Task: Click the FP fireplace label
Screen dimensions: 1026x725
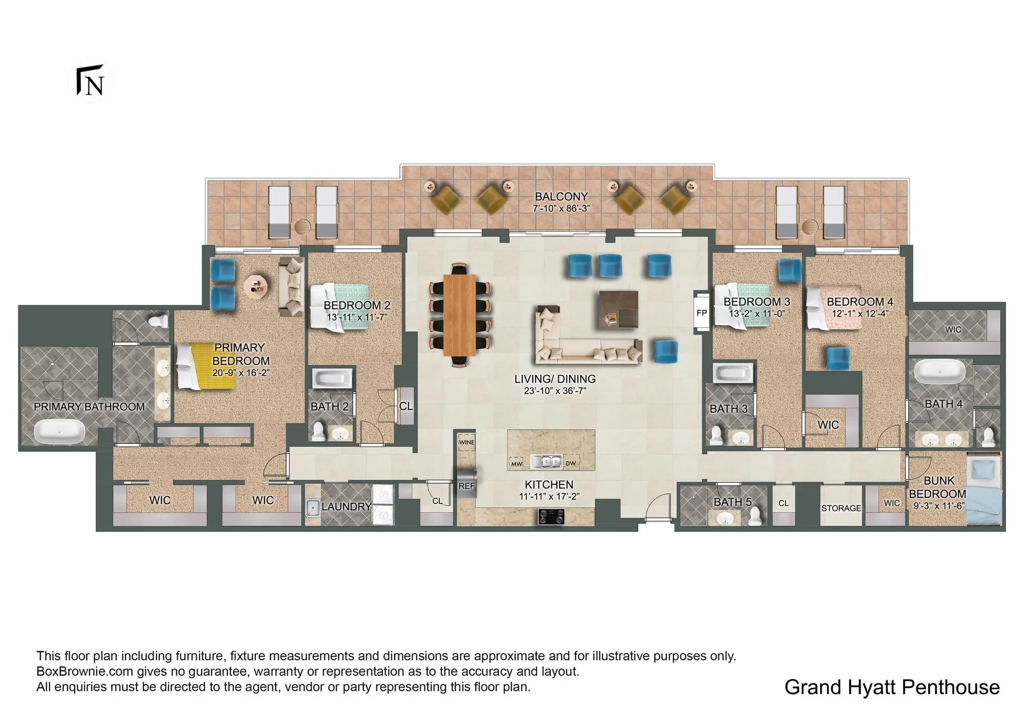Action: click(701, 313)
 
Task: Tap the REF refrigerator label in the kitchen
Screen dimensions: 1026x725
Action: click(467, 486)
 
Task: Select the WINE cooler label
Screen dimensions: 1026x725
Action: click(467, 442)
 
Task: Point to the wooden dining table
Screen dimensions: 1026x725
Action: click(460, 315)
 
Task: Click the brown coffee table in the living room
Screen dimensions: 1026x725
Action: click(618, 309)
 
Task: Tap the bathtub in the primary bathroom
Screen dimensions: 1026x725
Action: click(59, 432)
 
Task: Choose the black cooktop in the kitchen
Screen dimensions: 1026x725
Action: click(551, 518)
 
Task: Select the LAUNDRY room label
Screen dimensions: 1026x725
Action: click(346, 507)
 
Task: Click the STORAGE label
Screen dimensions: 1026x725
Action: click(841, 508)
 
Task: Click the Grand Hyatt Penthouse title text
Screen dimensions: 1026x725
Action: click(892, 687)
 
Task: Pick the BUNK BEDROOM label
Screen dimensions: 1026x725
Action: click(938, 487)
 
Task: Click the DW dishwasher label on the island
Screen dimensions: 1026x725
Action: click(571, 464)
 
